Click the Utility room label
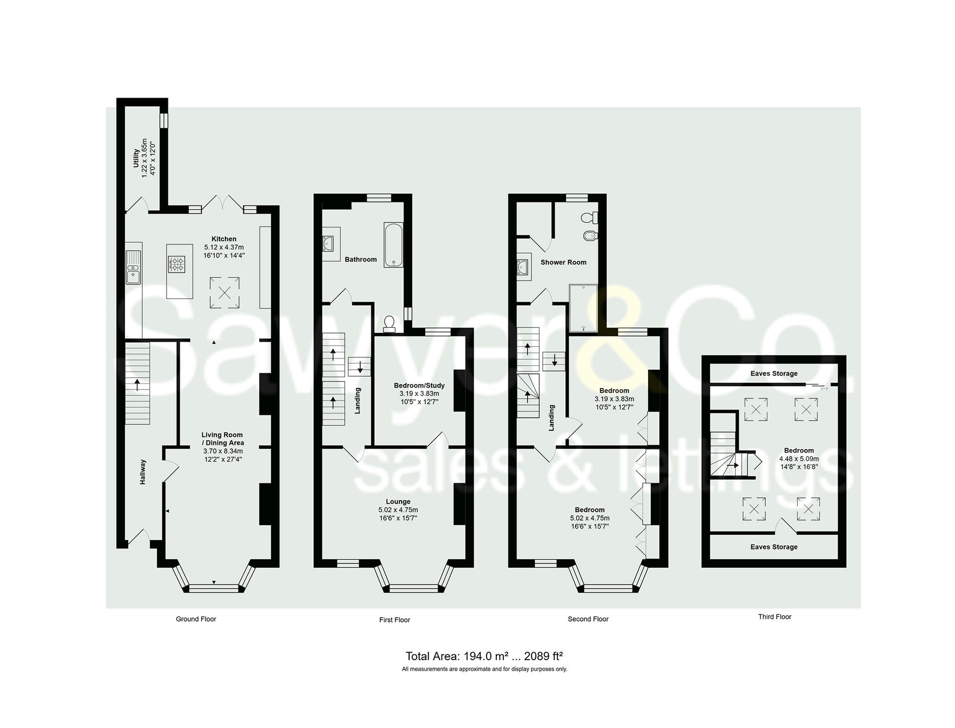[136, 158]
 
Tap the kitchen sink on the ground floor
[133, 267]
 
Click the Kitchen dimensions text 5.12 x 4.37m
[224, 247]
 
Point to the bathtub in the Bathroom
[393, 244]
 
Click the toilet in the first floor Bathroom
[389, 323]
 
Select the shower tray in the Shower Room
[583, 308]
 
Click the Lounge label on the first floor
[398, 502]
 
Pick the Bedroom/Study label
[419, 385]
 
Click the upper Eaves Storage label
[774, 373]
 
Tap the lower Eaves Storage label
[774, 547]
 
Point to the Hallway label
[143, 472]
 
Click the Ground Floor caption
[196, 619]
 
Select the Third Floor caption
[775, 617]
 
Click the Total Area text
[484, 656]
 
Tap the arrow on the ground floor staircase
[138, 384]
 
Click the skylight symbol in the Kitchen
[224, 293]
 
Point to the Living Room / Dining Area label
[222, 439]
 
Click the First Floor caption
[394, 620]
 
